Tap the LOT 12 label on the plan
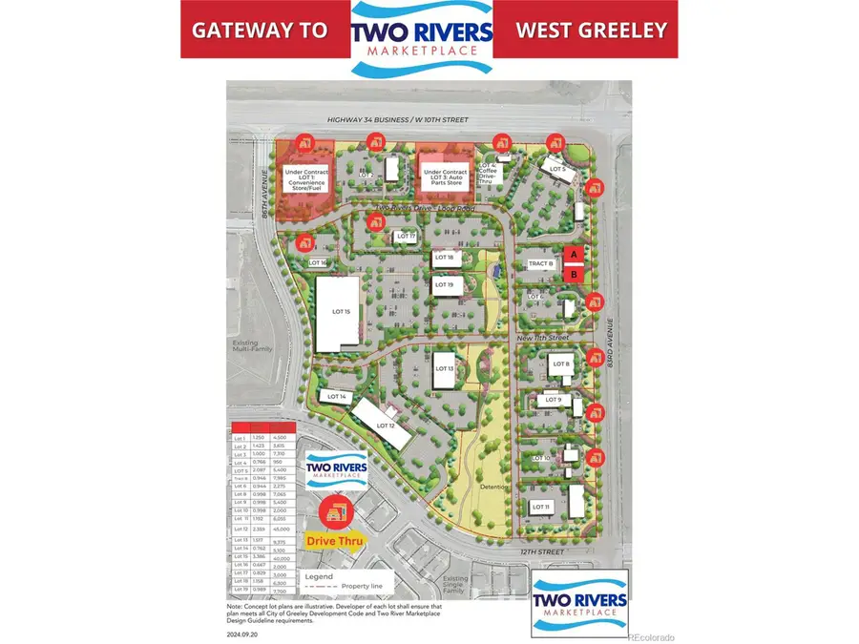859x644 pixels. [x=386, y=425]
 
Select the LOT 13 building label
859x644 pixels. [x=443, y=368]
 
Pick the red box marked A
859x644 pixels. [x=573, y=255]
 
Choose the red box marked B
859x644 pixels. [x=573, y=274]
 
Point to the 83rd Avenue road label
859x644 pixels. [x=610, y=353]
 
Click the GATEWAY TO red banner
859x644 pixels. [x=260, y=30]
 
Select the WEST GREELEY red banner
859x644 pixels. [x=590, y=30]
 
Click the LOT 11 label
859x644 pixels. [x=541, y=507]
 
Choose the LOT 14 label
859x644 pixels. [x=335, y=396]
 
